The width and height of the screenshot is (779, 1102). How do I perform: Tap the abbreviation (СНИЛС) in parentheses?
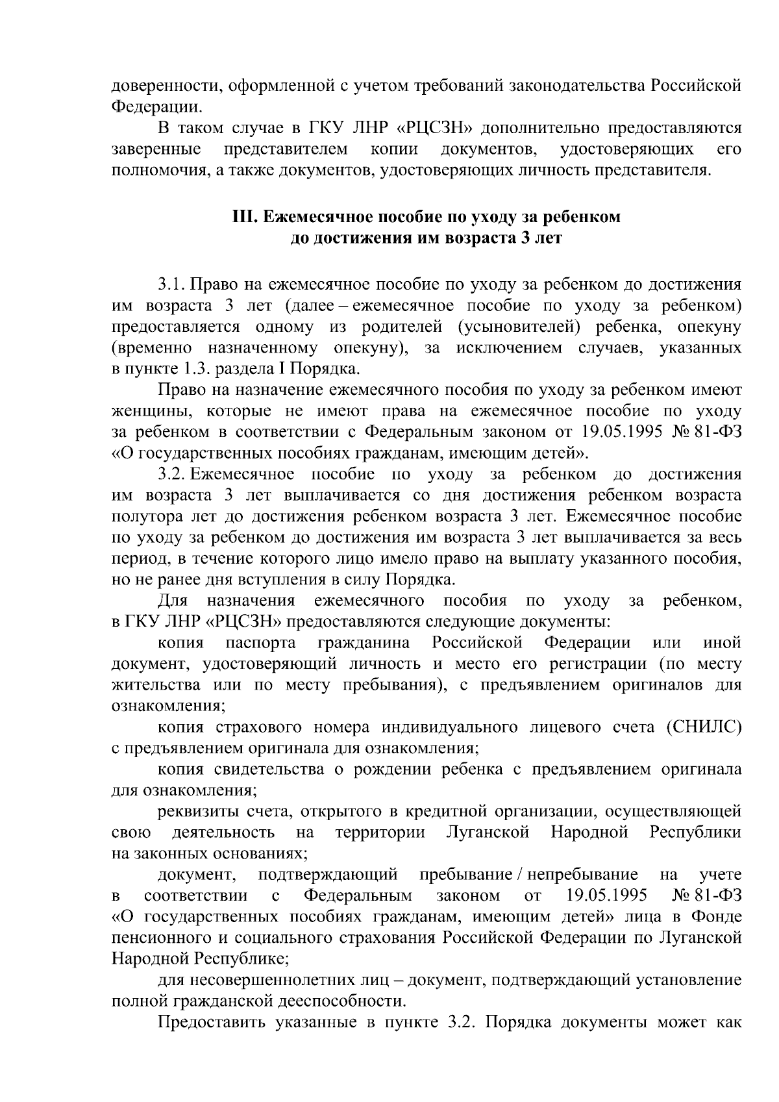702,727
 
